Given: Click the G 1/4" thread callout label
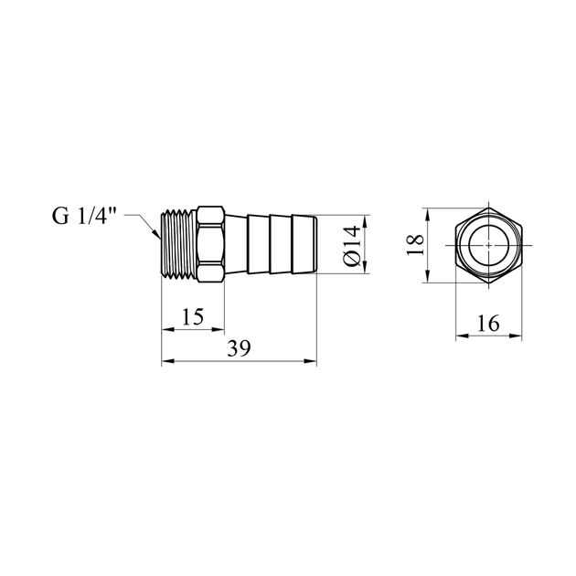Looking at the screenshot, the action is pos(84,216).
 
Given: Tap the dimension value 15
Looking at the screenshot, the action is pos(193,316).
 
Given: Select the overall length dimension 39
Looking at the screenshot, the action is pos(239,348).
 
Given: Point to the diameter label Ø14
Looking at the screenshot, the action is pos(352,245).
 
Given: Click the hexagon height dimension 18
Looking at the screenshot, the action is pos(415,245).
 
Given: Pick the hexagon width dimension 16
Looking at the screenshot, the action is pos(488,324).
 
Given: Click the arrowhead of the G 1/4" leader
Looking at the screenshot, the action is pos(157,234).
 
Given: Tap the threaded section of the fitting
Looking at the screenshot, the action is pos(179,243).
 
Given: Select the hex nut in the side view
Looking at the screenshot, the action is pos(210,244).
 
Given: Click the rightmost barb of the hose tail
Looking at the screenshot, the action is pos(304,244).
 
